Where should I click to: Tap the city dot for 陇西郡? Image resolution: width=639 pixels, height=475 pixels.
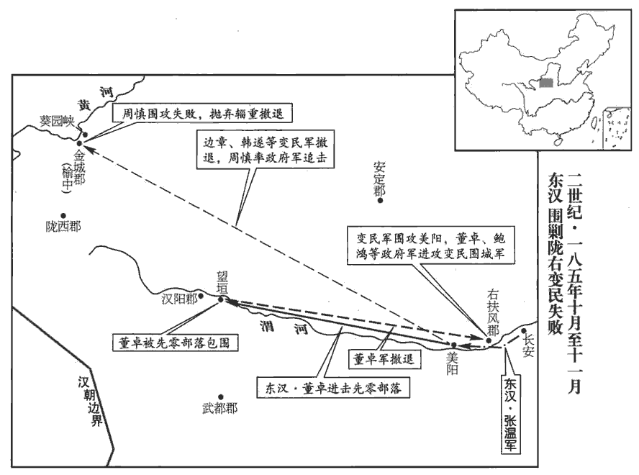63,215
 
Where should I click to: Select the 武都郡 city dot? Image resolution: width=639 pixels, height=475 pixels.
222,396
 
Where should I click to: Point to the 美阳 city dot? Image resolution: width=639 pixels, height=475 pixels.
453,345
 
